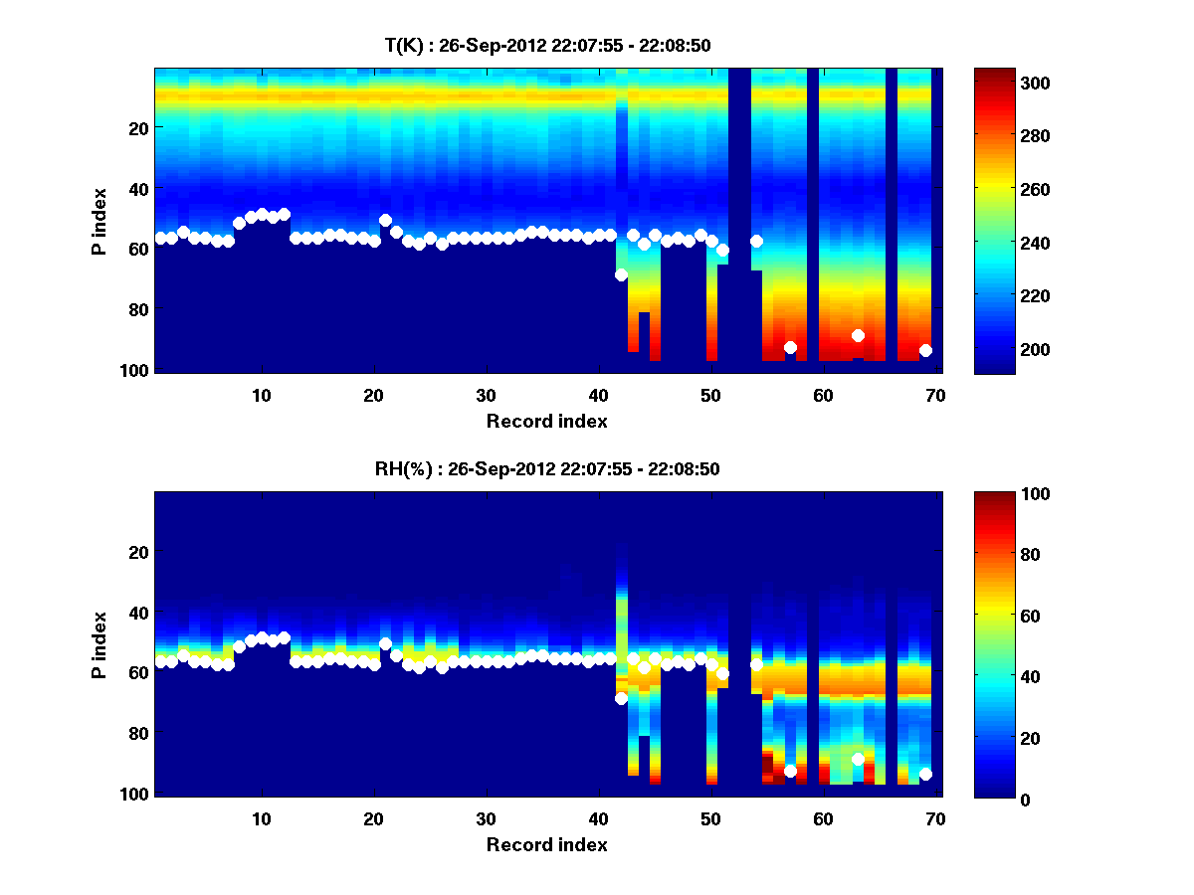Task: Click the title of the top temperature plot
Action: click(x=547, y=45)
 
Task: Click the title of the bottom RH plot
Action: click(x=547, y=468)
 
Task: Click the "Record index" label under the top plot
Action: click(x=547, y=421)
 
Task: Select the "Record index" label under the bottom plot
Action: click(x=547, y=844)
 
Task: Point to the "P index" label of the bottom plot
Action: click(x=99, y=644)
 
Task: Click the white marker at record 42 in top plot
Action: click(x=621, y=274)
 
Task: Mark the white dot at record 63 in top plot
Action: click(x=858, y=335)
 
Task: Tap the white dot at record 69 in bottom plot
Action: click(x=925, y=774)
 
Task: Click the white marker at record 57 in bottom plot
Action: click(x=790, y=771)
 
